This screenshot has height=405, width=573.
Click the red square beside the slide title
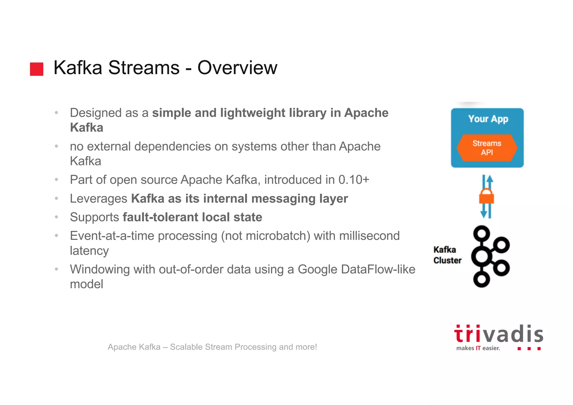37,69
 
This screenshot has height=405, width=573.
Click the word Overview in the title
237,68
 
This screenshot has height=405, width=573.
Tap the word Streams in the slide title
144,68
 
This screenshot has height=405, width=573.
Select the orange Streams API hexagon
487,148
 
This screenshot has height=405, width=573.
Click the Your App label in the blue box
488,119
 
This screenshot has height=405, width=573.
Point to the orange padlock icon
487,196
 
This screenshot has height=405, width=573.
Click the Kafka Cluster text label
447,255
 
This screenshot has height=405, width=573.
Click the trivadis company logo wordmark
499,334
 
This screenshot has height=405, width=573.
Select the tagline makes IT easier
478,348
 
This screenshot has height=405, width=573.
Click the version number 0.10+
354,180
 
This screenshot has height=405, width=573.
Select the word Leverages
98,199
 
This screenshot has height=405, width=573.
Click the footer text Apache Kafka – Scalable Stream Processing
212,347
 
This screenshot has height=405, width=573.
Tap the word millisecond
369,236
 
